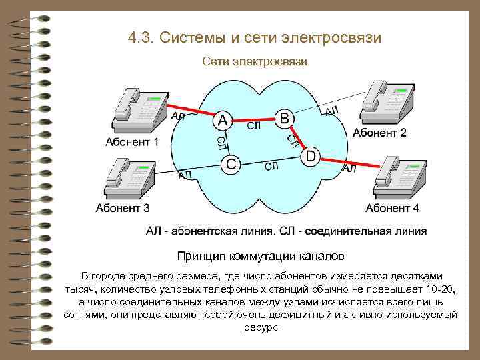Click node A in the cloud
coord(223,121)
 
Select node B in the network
coord(284,119)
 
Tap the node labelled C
coord(231,163)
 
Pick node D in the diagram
coord(311,156)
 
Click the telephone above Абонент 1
coord(139,107)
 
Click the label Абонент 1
coord(132,142)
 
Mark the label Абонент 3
coord(123,208)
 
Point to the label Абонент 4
coord(393,208)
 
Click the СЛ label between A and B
coord(253,125)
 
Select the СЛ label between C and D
coord(271,166)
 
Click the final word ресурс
coord(260,328)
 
